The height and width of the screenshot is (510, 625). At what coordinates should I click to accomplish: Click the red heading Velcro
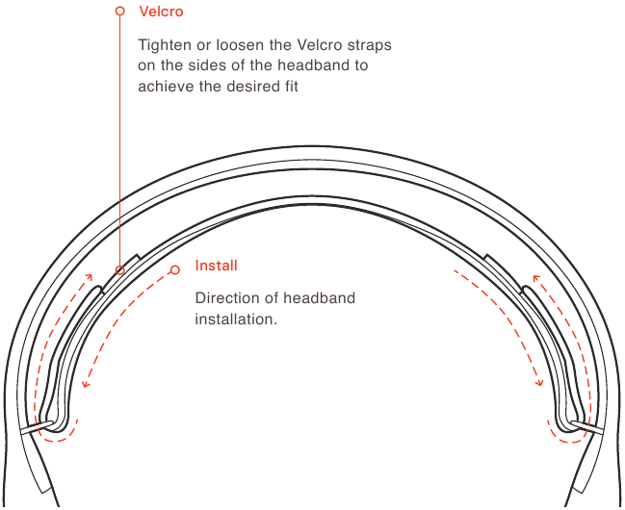(161, 12)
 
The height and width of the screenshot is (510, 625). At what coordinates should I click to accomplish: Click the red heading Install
(216, 266)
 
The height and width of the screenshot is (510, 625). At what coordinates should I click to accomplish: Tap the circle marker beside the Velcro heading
(120, 11)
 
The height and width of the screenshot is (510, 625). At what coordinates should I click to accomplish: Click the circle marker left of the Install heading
(175, 269)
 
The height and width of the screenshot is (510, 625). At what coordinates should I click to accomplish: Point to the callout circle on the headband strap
(120, 270)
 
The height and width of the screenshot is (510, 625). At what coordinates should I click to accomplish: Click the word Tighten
(165, 45)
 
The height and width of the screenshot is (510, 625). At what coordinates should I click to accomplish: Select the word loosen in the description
(241, 44)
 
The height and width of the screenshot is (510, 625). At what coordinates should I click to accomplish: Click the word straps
(369, 45)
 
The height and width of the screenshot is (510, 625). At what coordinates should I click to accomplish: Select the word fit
(292, 86)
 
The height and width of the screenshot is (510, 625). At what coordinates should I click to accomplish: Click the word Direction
(226, 298)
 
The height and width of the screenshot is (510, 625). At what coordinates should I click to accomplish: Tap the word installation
(236, 319)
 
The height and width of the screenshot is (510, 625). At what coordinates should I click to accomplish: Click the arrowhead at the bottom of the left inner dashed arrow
(85, 384)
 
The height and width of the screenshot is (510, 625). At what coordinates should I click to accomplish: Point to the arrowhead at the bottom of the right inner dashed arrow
(539, 383)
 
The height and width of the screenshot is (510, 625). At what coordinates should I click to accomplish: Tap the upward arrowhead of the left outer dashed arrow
(89, 276)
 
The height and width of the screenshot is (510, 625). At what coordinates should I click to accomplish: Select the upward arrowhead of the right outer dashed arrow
(536, 277)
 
